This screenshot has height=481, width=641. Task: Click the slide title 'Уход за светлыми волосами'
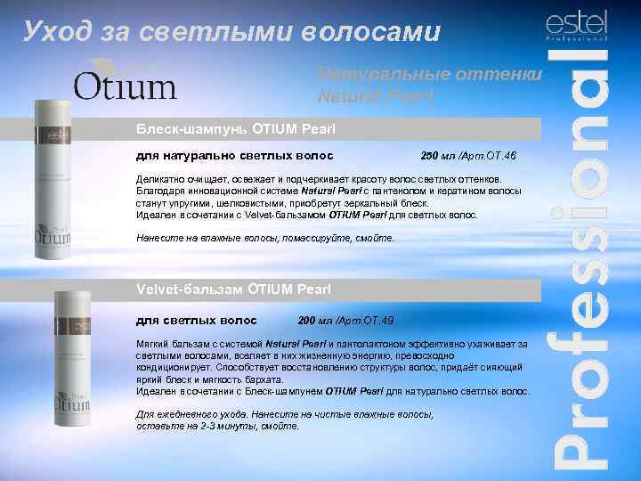tap(231, 33)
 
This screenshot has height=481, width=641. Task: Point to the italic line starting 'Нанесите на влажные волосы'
tap(264, 239)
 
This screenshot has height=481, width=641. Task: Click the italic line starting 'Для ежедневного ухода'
tap(284, 415)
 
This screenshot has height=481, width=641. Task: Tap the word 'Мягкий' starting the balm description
tap(153, 343)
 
